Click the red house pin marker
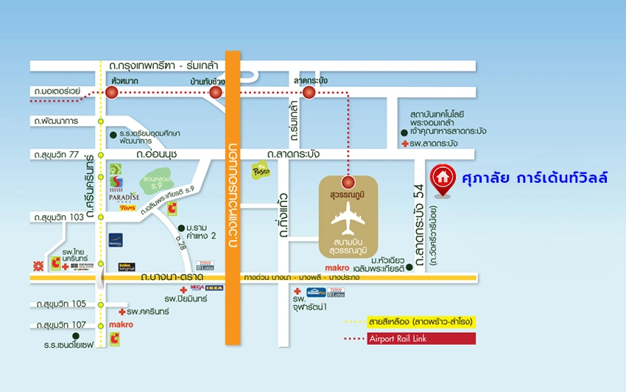click(442, 178)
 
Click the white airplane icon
click(348, 216)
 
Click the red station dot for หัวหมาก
click(111, 92)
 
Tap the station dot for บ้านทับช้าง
click(215, 92)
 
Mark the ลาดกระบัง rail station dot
click(309, 92)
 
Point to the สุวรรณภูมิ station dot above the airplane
click(348, 181)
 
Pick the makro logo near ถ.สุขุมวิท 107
click(121, 324)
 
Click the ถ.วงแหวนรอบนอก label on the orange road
click(233, 199)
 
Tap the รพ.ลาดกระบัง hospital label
click(435, 143)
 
